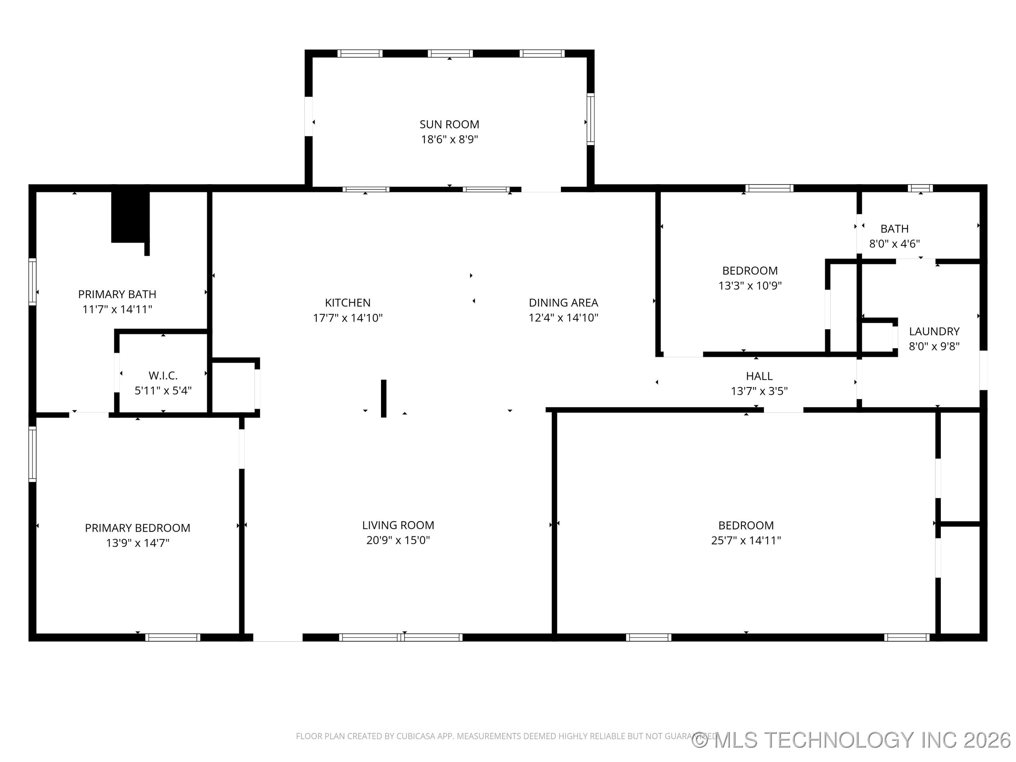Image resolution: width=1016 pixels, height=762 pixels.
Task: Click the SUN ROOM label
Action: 449,124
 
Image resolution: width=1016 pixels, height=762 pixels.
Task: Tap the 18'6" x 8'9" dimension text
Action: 449,139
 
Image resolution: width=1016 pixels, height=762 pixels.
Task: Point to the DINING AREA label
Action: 563,303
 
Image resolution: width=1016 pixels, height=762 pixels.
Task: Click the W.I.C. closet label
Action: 163,375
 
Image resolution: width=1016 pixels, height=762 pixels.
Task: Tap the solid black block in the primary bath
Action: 129,217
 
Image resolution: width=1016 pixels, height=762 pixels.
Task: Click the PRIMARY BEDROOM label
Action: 137,528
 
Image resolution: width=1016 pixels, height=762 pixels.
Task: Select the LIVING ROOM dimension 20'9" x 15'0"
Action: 398,540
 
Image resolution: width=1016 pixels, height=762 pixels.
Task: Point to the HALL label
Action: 759,376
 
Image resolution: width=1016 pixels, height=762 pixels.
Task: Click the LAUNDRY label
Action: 934,331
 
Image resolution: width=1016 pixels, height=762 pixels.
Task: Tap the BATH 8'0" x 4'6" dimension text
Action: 894,244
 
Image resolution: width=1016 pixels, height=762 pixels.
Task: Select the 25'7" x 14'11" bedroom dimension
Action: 745,540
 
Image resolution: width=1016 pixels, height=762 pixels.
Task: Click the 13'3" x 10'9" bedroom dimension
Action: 750,286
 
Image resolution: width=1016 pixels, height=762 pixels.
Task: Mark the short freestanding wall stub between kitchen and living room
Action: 383,398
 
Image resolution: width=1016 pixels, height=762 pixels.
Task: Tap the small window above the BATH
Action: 920,188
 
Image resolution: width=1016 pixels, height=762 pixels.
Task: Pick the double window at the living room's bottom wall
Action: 400,637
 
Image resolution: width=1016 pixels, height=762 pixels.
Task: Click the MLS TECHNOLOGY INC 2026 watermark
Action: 852,739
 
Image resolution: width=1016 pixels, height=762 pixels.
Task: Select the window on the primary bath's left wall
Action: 32,282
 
